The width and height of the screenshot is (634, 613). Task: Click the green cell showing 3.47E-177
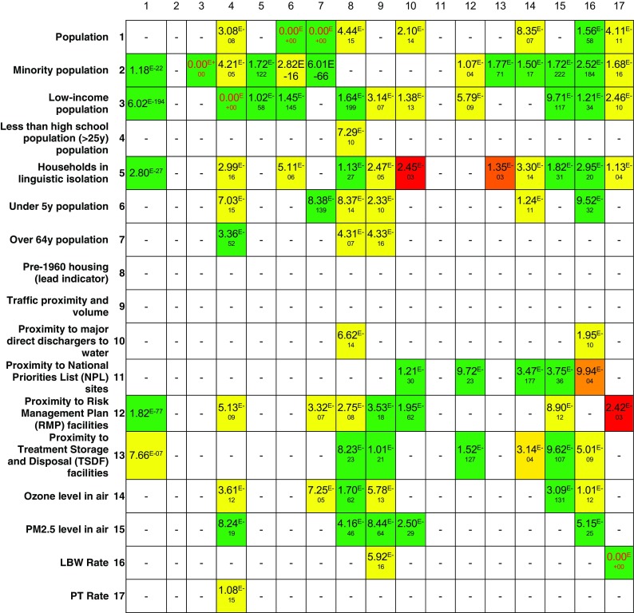528,374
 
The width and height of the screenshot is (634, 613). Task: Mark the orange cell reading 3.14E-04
528,455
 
